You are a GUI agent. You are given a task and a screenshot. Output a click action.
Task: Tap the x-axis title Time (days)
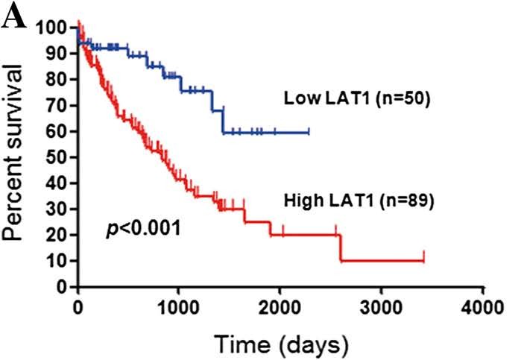pyautogui.click(x=281, y=344)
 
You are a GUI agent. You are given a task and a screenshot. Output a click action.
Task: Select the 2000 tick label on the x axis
pyautogui.click(x=280, y=307)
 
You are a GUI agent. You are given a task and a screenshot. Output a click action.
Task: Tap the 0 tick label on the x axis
pyautogui.click(x=78, y=307)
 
